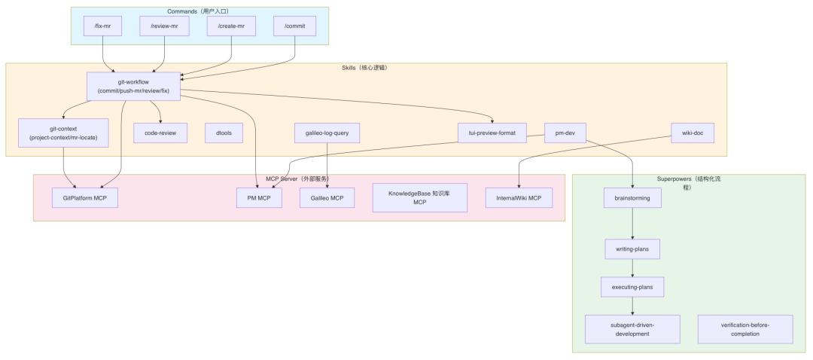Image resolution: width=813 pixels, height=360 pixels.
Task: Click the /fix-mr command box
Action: click(102, 26)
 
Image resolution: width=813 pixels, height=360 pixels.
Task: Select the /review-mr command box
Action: click(164, 26)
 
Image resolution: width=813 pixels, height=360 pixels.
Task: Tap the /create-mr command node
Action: click(231, 26)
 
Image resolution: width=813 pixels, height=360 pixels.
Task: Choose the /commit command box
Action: click(294, 26)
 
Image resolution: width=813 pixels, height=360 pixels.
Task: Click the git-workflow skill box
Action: click(133, 86)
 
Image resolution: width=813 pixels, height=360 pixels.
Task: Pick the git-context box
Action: click(63, 133)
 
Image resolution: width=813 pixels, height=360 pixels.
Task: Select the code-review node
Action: click(160, 133)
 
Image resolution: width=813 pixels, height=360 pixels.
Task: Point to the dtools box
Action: click(224, 133)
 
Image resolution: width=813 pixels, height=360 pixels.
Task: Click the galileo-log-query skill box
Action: click(327, 133)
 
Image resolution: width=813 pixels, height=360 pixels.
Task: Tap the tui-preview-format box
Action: click(492, 133)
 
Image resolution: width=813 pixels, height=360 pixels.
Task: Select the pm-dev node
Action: click(565, 133)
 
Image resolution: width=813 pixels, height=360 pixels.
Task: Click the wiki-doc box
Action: click(693, 133)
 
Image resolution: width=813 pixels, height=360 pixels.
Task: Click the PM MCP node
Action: click(260, 198)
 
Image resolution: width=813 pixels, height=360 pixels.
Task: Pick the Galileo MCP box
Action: click(327, 198)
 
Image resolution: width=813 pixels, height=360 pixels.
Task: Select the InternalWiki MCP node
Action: click(519, 198)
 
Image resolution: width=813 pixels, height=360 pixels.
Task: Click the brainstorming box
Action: click(632, 198)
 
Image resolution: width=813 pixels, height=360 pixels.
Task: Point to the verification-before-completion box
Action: click(745, 329)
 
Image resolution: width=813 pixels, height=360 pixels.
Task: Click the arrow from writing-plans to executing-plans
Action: click(632, 267)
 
